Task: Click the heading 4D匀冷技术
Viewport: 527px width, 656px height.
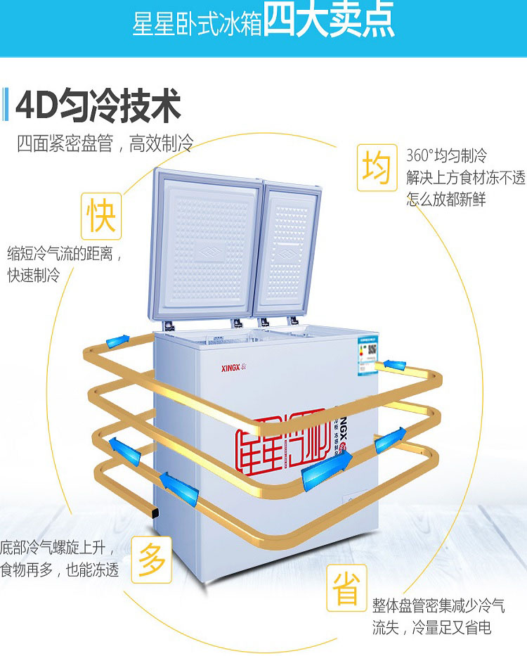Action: (x=98, y=105)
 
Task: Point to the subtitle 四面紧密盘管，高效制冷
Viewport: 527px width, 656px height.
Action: (x=105, y=144)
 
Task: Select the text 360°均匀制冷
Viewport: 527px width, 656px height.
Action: (x=446, y=156)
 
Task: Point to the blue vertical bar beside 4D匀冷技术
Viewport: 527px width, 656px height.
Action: (x=6, y=105)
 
